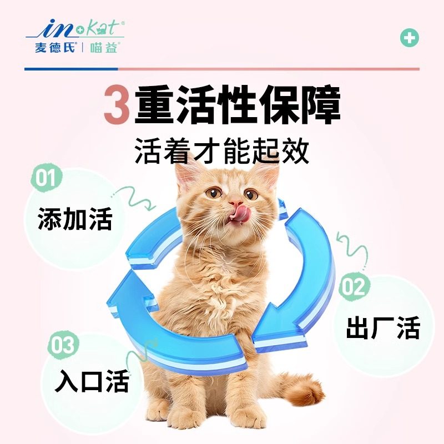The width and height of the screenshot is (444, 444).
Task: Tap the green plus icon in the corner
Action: click(410, 38)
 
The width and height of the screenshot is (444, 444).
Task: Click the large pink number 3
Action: click(116, 107)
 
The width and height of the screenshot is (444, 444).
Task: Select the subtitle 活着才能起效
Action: click(222, 151)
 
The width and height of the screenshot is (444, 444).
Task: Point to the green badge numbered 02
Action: click(355, 287)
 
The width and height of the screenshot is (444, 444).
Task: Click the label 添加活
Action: click(75, 219)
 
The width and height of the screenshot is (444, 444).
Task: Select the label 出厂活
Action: click(383, 329)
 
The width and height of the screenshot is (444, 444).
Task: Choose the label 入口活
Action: click(92, 381)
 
